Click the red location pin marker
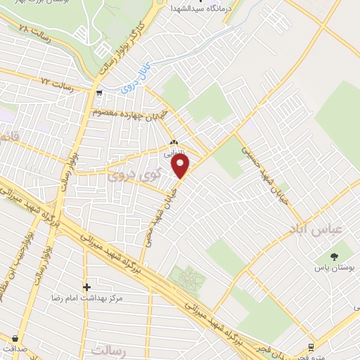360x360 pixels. pyautogui.click(x=181, y=166)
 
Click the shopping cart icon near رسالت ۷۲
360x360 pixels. pyautogui.click(x=99, y=92)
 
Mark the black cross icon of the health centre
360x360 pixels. pyautogui.click(x=86, y=287)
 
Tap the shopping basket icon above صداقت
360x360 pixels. pyautogui.click(x=15, y=338)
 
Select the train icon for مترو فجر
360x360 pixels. pyautogui.click(x=311, y=347)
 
